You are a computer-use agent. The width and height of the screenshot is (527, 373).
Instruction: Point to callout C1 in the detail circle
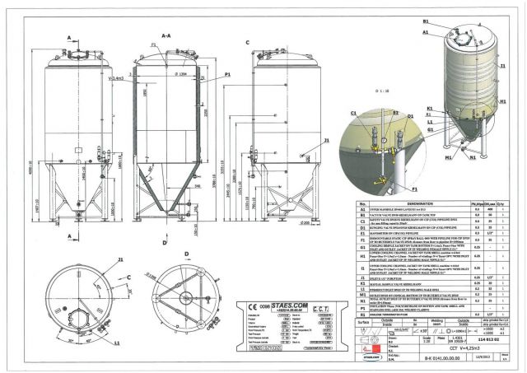(353, 113)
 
